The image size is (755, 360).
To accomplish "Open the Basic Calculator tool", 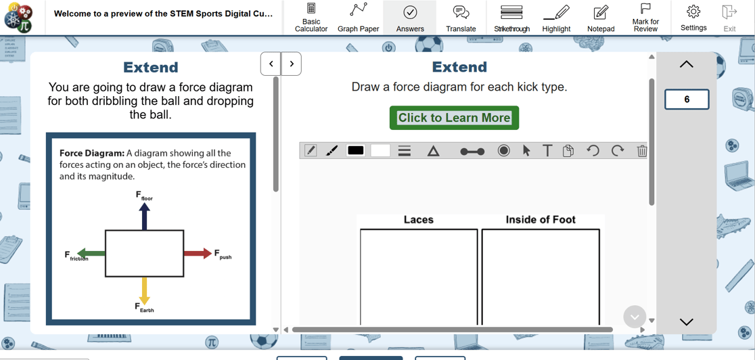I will tap(311, 17).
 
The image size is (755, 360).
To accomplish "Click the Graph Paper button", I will tap(358, 17).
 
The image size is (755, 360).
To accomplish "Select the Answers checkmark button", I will tap(410, 17).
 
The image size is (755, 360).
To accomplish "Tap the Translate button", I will tap(461, 17).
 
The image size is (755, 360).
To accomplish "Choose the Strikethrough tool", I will tap(511, 17).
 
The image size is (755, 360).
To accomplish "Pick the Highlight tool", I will tap(556, 17).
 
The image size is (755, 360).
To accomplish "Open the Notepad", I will tap(601, 17).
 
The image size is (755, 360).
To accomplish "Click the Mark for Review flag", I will tap(645, 17).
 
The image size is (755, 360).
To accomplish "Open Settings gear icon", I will tap(693, 17).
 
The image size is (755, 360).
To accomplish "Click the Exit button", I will tap(729, 17).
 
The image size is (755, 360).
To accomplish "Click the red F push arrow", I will tap(198, 254).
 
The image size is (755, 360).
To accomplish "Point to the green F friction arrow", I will tap(91, 254).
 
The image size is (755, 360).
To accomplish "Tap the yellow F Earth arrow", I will tap(144, 290).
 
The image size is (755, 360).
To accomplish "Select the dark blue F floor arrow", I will tap(144, 217).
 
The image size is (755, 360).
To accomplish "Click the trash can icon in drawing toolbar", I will tap(642, 151).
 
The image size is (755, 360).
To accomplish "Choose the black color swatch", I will tap(356, 150).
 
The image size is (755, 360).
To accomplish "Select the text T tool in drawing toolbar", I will tap(547, 150).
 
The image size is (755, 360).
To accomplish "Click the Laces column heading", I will tap(418, 220).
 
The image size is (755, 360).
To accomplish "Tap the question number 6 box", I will tap(687, 99).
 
